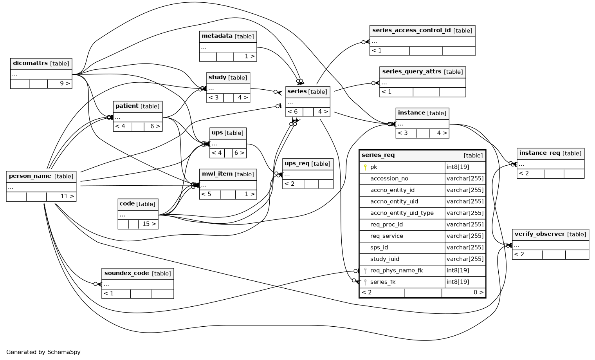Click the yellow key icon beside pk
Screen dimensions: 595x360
[x=365, y=167]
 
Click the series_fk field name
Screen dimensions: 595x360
[x=383, y=282]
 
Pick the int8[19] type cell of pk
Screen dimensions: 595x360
[x=458, y=167]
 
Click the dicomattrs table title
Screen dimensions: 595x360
[x=30, y=63]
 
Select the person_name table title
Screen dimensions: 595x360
[x=30, y=176]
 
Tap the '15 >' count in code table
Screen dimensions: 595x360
[x=149, y=224]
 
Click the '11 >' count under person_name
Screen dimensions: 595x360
[x=67, y=196]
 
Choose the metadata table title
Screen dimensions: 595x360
[x=217, y=36]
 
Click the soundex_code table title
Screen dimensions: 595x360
[x=127, y=273]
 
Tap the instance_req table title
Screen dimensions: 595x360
[x=540, y=153]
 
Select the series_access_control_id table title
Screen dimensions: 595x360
[x=411, y=30]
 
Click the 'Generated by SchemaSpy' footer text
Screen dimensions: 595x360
[x=43, y=352]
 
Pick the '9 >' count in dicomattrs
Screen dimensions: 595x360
[x=65, y=83]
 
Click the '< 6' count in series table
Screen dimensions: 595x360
[x=292, y=112]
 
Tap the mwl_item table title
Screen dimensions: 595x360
[x=217, y=174]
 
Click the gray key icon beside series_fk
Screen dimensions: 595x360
[x=365, y=282]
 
